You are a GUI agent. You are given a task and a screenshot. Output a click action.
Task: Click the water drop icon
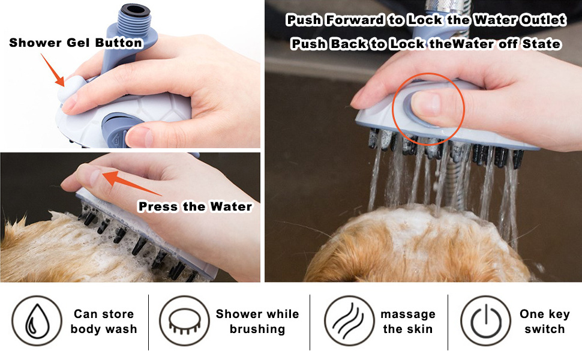(x=37, y=320)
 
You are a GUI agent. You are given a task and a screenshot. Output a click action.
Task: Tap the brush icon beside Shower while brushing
(x=184, y=320)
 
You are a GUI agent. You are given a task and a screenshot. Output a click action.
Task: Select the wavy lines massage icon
(x=349, y=320)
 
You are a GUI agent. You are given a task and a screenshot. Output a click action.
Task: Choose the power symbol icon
(x=486, y=320)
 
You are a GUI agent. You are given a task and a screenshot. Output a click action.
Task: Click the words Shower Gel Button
(x=76, y=43)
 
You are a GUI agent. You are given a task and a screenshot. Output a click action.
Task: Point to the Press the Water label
(x=195, y=206)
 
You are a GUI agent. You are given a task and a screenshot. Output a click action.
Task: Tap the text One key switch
(x=545, y=322)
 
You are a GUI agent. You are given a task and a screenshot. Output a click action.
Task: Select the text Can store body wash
(x=104, y=322)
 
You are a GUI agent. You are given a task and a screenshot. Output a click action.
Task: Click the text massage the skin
(x=408, y=322)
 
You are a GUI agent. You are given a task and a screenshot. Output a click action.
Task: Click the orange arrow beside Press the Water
(x=132, y=183)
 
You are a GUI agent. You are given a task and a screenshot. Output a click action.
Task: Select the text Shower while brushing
(x=257, y=322)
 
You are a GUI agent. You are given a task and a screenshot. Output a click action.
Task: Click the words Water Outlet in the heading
(x=520, y=20)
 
